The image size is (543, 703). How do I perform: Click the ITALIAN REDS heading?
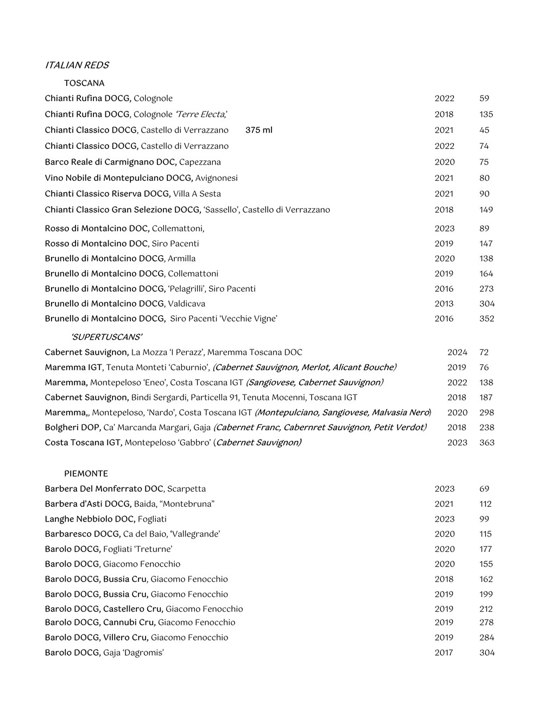point(77,65)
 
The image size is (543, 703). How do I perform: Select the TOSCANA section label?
point(84,83)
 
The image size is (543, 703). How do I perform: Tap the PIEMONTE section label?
point(86,474)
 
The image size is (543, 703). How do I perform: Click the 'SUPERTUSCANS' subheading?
point(106,337)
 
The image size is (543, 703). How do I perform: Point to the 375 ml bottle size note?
point(259,130)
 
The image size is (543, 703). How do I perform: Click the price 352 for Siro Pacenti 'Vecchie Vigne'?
point(487,319)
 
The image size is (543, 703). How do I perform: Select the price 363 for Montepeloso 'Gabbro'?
point(487,443)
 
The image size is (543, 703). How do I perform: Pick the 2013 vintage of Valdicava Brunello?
point(444,304)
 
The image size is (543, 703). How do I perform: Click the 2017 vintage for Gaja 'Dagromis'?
point(444,652)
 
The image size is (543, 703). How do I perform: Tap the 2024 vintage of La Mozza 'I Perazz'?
point(457,353)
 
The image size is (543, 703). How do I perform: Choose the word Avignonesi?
point(216,178)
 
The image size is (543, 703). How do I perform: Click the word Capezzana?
point(200,162)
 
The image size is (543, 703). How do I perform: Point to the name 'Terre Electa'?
point(201,114)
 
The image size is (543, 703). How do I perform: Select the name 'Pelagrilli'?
point(186,288)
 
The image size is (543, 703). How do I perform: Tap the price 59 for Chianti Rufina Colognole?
point(484,98)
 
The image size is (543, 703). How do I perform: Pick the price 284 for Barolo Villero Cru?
point(487,637)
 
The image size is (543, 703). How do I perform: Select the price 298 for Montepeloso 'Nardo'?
point(487,413)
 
